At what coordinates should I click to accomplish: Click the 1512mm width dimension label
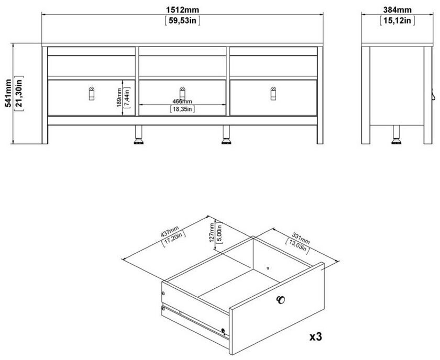(182, 10)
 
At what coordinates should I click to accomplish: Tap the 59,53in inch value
(182, 21)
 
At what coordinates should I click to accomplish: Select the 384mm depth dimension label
(398, 10)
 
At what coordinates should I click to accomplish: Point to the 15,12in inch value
(397, 21)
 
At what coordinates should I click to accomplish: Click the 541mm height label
(8, 93)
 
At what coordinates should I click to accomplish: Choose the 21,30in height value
(19, 93)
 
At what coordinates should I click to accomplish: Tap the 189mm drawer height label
(119, 97)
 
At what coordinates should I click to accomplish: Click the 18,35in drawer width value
(182, 109)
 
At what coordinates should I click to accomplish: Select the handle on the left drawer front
(92, 93)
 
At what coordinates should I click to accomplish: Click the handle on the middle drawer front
(182, 93)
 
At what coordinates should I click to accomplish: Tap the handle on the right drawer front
(273, 93)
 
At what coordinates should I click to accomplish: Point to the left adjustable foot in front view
(139, 135)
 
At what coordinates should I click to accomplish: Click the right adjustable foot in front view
(226, 135)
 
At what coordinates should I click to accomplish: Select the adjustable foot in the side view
(396, 135)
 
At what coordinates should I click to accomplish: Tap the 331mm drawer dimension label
(301, 238)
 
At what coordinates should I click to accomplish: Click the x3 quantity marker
(316, 336)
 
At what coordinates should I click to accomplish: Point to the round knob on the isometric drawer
(280, 300)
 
